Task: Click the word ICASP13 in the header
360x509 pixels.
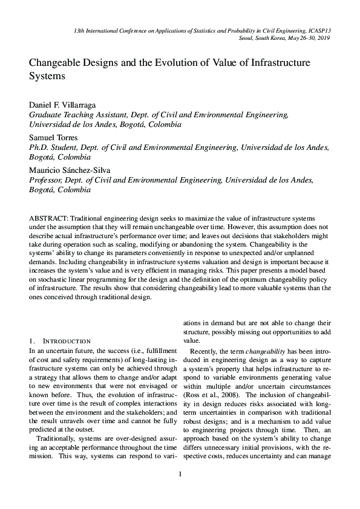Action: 319,29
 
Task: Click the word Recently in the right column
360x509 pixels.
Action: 206,351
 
